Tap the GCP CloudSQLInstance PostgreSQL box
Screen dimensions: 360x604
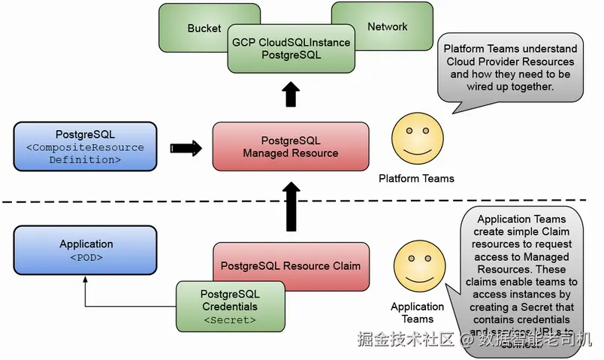[x=291, y=49]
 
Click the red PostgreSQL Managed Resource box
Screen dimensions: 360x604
[x=291, y=147]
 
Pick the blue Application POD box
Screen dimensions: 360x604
[x=86, y=250]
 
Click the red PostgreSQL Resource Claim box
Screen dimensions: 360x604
[x=291, y=265]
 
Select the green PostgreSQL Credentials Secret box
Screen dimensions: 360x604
[x=230, y=307]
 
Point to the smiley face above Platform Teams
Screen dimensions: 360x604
[x=415, y=138]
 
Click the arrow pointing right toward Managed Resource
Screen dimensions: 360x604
[x=186, y=147]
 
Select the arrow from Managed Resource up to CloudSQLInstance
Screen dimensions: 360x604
[x=291, y=95]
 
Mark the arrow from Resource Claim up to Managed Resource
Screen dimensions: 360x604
[x=291, y=210]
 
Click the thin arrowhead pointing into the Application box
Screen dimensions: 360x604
[x=86, y=277]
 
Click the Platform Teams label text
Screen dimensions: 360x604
[x=416, y=178]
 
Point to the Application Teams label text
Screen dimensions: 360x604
[x=417, y=313]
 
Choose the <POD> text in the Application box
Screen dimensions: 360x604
[x=86, y=258]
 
